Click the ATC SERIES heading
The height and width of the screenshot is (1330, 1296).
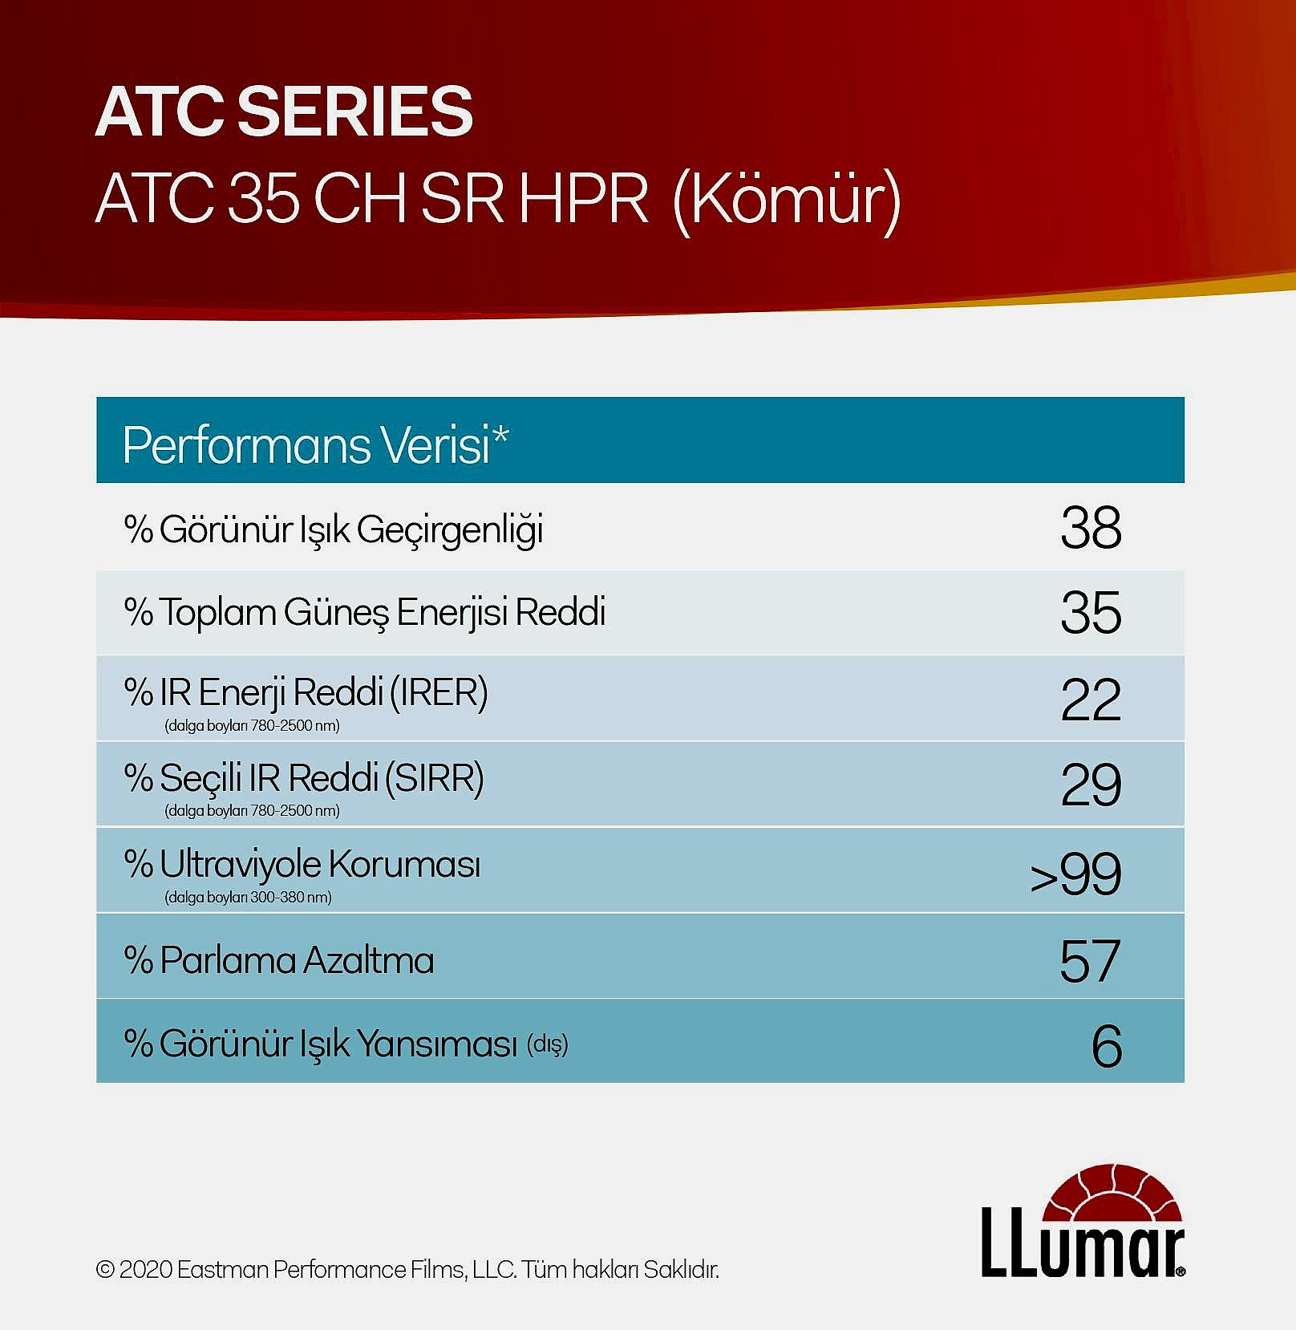pyautogui.click(x=284, y=112)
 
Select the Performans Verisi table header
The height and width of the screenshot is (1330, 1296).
pyautogui.click(x=315, y=444)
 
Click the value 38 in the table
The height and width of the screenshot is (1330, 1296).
pyautogui.click(x=1091, y=528)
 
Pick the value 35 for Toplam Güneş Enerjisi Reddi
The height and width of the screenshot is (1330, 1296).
pyautogui.click(x=1091, y=613)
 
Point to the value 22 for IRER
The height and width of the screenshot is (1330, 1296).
pyautogui.click(x=1091, y=699)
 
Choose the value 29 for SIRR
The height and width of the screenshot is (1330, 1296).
pyautogui.click(x=1091, y=785)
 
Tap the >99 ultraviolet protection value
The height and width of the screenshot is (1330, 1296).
pyautogui.click(x=1075, y=874)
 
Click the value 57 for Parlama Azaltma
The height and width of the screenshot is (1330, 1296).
pyautogui.click(x=1090, y=960)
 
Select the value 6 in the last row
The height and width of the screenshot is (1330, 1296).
pyautogui.click(x=1107, y=1046)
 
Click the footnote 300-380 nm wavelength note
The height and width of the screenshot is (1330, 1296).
pyautogui.click(x=248, y=897)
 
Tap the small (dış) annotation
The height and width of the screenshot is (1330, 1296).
pyautogui.click(x=548, y=1045)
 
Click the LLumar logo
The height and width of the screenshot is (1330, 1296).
pyautogui.click(x=1083, y=1220)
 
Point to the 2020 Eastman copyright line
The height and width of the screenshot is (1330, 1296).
pyautogui.click(x=407, y=1270)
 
